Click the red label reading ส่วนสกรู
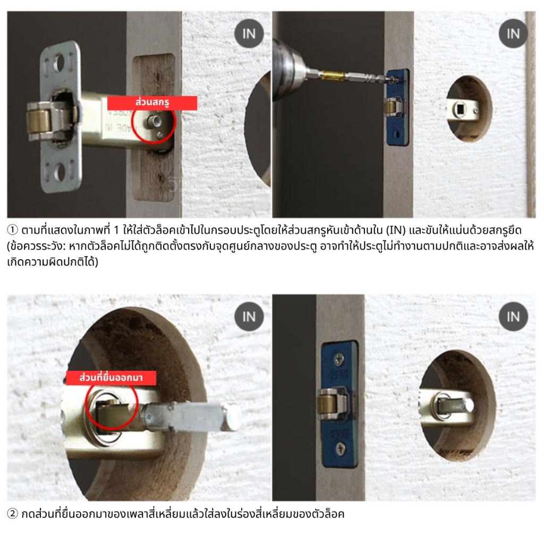click(x=152, y=103)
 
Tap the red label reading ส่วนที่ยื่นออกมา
click(x=111, y=378)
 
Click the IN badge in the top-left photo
click(x=249, y=33)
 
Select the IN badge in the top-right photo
click(x=513, y=33)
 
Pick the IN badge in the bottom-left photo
click(x=249, y=317)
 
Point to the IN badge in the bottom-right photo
click(x=513, y=317)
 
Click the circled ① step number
click(x=12, y=229)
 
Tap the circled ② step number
click(x=12, y=514)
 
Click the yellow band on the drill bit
click(x=333, y=74)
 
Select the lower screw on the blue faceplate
click(x=339, y=449)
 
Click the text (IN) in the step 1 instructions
click(x=395, y=230)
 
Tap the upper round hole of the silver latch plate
click(x=59, y=63)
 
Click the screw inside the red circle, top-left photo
click(x=154, y=122)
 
